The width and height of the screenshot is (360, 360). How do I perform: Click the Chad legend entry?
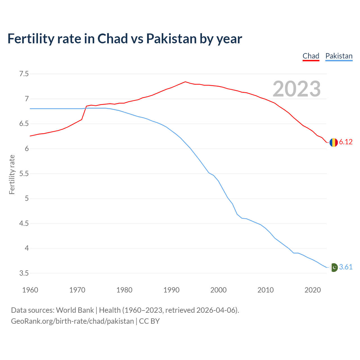(x=311, y=56)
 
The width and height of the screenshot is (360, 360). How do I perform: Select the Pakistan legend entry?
(x=339, y=56)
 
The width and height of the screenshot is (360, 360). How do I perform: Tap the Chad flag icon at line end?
(x=334, y=142)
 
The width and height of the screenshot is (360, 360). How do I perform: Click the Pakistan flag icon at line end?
(x=334, y=267)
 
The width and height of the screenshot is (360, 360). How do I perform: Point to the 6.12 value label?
(x=346, y=142)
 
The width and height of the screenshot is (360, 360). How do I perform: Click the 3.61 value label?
(x=346, y=267)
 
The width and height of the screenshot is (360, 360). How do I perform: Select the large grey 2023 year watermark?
(x=296, y=89)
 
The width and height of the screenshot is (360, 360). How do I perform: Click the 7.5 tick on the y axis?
(x=24, y=74)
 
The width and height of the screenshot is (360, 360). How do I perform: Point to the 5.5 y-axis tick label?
(x=24, y=174)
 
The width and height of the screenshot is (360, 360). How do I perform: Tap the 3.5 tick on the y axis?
(x=24, y=273)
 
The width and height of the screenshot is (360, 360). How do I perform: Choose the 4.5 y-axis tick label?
(x=24, y=224)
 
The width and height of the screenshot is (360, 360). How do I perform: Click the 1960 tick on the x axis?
(x=30, y=290)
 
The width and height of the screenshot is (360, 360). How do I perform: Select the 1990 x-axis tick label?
(x=171, y=290)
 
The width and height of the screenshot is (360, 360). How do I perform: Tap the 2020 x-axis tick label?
(x=312, y=290)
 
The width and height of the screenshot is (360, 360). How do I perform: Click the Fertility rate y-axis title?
(x=12, y=174)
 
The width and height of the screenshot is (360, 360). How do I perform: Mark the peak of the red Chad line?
(x=185, y=82)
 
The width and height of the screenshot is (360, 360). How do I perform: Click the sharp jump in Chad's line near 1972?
(x=84, y=112)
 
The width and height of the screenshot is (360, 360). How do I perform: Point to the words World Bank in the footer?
(x=75, y=310)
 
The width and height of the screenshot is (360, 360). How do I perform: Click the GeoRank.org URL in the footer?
(x=72, y=321)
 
